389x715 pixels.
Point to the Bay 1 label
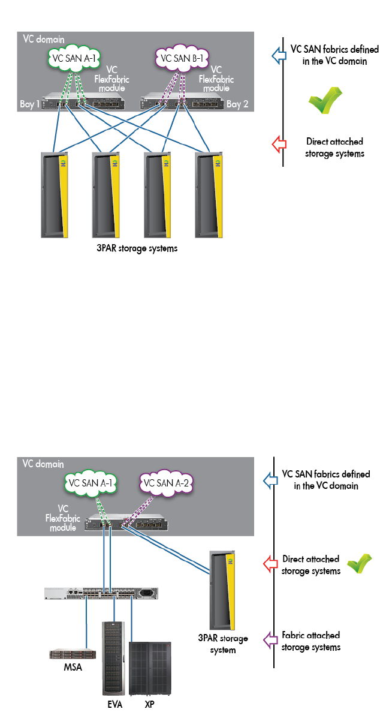(29, 105)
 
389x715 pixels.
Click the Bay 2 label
(237, 104)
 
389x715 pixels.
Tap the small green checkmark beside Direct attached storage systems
(360, 564)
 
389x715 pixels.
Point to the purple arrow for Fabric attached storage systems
(270, 640)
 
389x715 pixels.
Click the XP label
(149, 705)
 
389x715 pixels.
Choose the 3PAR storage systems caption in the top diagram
(137, 248)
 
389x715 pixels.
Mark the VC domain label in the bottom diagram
(43, 464)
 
